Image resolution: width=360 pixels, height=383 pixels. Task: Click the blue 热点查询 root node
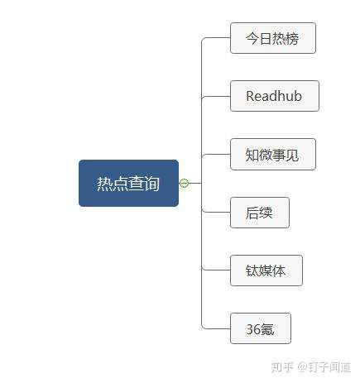pos(128,183)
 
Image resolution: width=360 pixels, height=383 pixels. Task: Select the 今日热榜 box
pos(273,38)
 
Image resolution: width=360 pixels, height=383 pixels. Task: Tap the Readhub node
pos(275,96)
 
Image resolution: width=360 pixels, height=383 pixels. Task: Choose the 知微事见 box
pos(273,155)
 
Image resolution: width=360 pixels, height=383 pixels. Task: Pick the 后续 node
pos(260,213)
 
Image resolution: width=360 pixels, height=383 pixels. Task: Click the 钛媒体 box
pos(266,270)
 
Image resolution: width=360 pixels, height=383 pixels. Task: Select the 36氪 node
pos(261,328)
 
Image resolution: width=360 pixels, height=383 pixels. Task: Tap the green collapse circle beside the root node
pos(184,183)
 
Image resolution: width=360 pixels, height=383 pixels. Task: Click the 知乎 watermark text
pos(282,367)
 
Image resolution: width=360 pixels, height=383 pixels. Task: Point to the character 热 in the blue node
pos(104,184)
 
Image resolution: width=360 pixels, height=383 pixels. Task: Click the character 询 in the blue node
pos(151,184)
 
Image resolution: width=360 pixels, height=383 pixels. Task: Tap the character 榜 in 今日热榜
pos(292,38)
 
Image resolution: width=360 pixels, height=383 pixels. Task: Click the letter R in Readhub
pos(250,96)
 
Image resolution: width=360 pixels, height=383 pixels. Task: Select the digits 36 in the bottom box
pos(252,329)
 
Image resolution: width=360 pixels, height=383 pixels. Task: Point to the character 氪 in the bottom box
pos(266,329)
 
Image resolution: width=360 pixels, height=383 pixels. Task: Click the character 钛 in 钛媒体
pos(252,270)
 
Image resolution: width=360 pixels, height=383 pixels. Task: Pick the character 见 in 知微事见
pos(292,155)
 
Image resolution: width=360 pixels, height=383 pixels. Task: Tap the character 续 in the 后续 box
pos(266,213)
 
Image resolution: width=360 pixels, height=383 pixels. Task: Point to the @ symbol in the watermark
pos(302,367)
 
